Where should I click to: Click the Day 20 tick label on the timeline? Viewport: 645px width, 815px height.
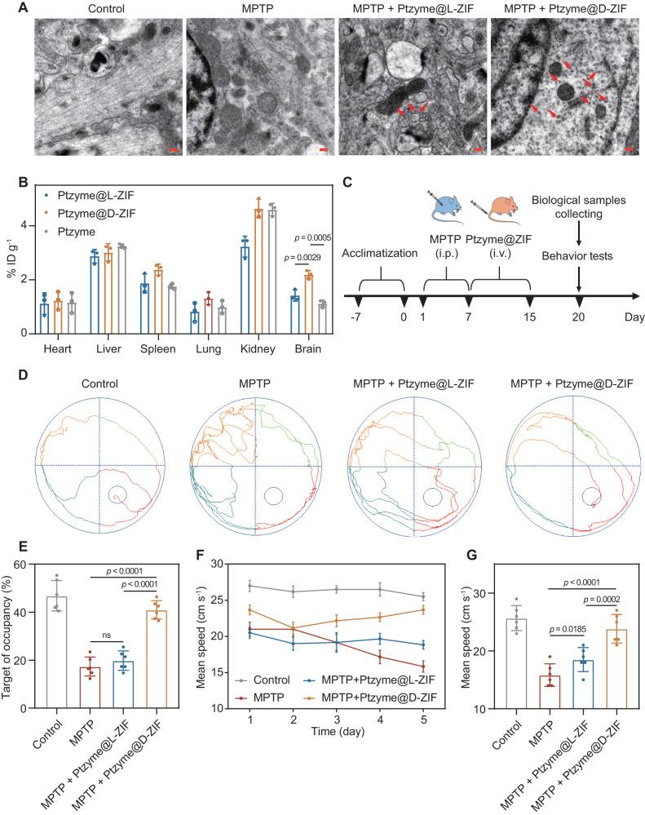pos(579,316)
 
